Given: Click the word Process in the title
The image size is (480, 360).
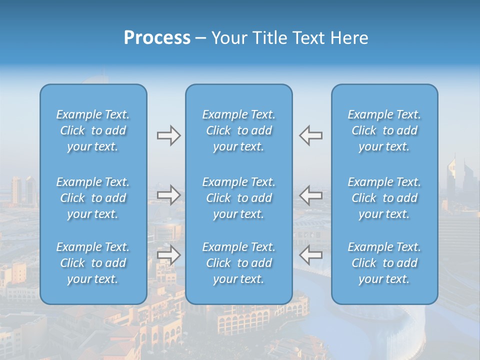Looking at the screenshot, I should tap(157, 38).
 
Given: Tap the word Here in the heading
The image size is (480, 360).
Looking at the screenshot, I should tap(349, 38).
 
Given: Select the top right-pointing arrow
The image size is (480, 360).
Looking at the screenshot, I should tap(168, 135).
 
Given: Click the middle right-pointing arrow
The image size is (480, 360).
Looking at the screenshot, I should tap(168, 195).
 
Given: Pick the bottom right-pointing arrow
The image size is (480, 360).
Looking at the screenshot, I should tap(168, 255).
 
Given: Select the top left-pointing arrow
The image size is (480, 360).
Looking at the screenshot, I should tap(311, 135).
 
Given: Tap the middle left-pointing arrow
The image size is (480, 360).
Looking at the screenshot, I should tap(311, 195).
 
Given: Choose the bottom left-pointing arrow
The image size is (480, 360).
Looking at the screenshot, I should tap(311, 255).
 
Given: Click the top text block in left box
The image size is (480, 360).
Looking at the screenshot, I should tap(93, 130).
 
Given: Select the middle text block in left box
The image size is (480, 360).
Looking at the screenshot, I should tap(93, 198).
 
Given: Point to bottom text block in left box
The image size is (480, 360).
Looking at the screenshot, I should tap(93, 263).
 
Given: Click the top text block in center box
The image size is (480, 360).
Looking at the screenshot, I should tap(238, 130).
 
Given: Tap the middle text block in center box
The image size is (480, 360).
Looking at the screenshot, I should tap(238, 198).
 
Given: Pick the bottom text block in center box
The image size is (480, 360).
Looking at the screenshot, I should tap(238, 263).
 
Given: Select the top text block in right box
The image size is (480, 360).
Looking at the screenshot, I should tap(384, 130).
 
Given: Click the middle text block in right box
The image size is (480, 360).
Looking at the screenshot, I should tap(384, 198).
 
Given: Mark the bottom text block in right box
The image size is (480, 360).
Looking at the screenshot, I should tap(384, 263).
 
